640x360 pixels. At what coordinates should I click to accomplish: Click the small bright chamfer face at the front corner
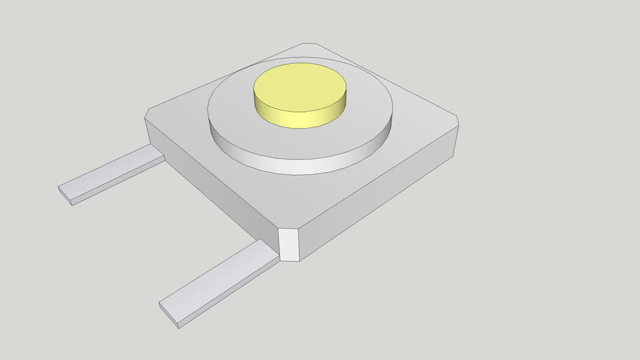tap(289, 244)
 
